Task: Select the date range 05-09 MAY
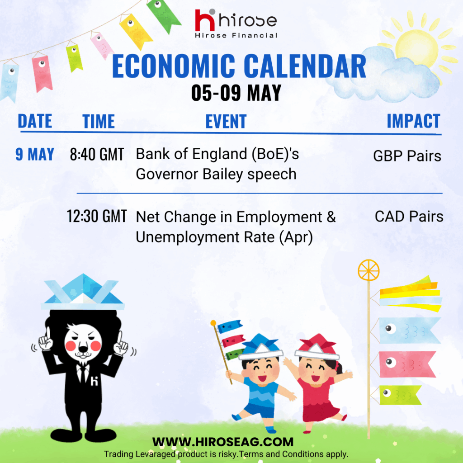tap(236, 93)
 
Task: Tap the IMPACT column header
tap(413, 121)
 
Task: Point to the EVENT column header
tap(226, 121)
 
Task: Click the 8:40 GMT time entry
tap(97, 155)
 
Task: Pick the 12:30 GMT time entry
tap(97, 216)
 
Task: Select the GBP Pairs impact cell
tap(407, 156)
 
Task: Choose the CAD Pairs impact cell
tap(409, 217)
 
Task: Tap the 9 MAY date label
tap(35, 154)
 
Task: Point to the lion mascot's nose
tap(83, 350)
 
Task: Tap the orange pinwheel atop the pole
tap(369, 270)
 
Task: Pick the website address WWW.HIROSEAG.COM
tap(223, 442)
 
